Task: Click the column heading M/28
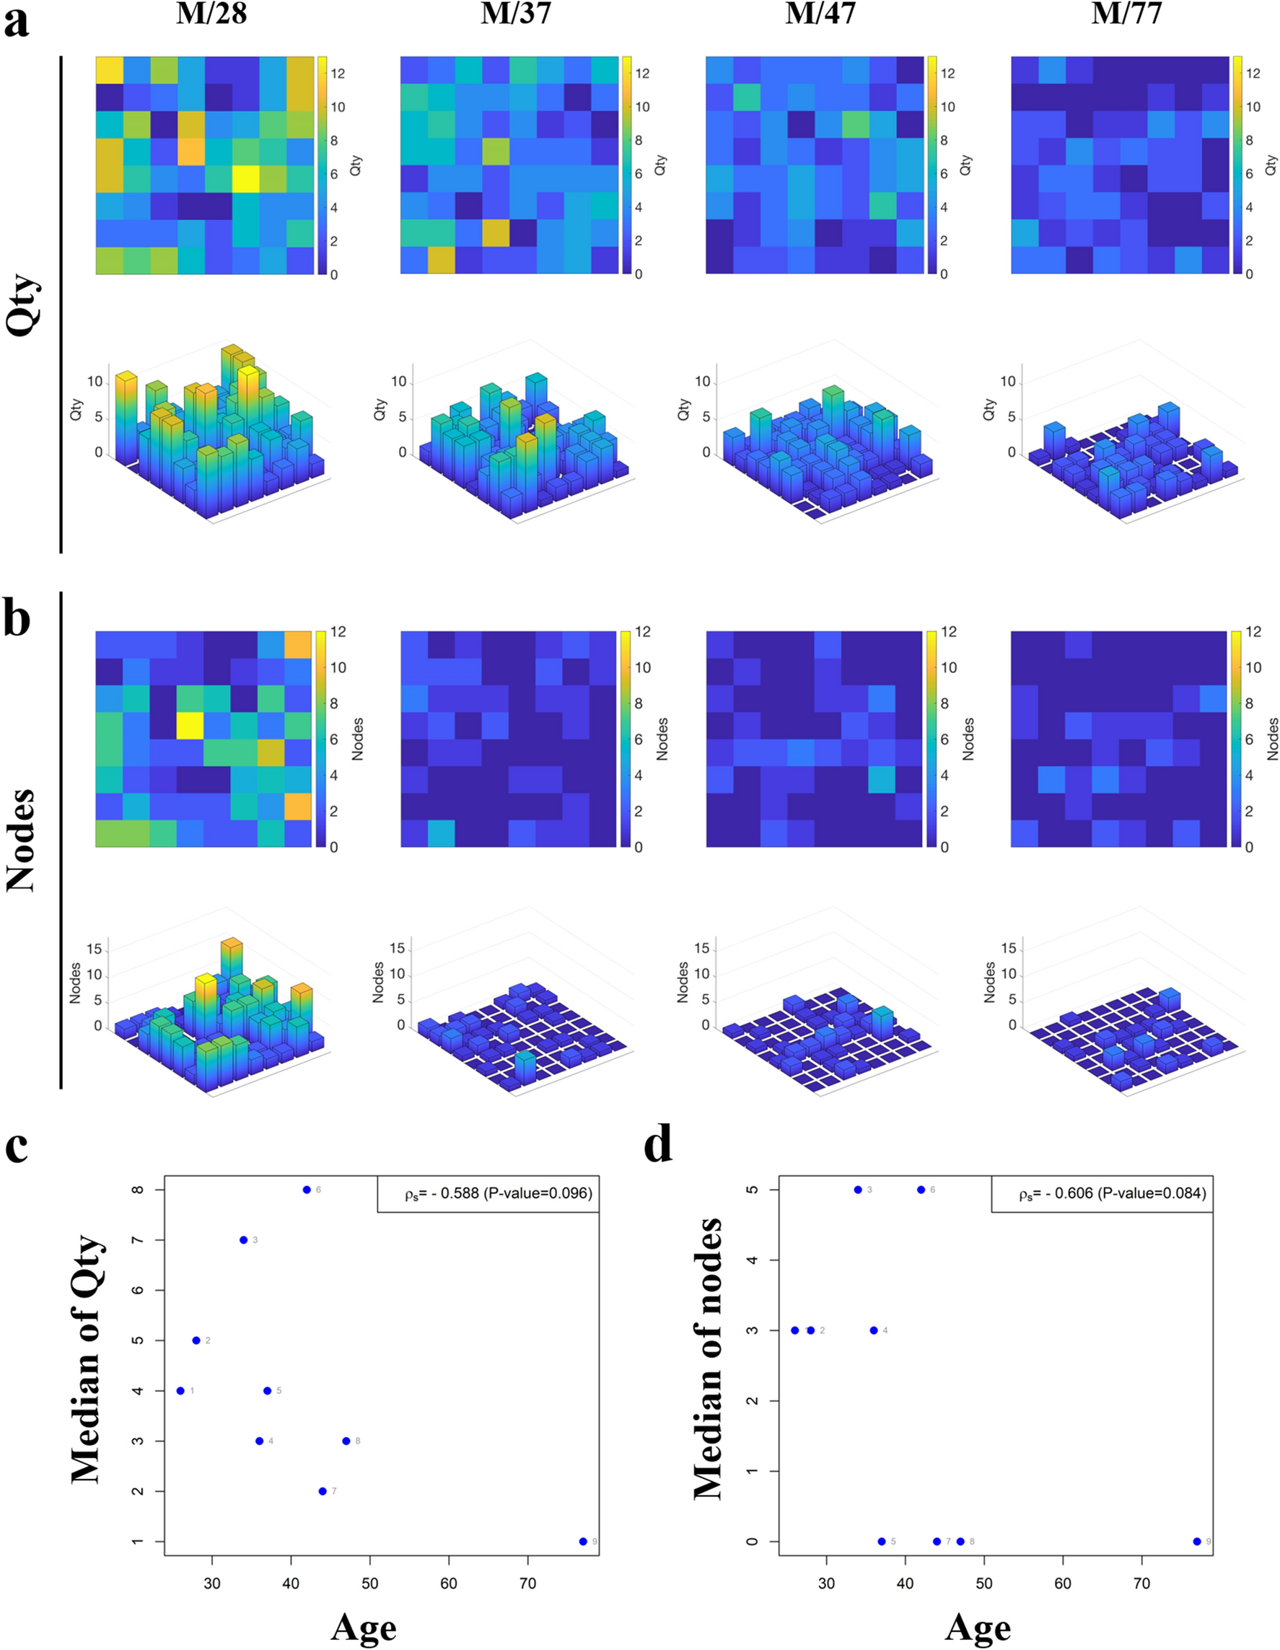211,14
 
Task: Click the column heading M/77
1126,14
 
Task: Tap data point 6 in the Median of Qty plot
307,1189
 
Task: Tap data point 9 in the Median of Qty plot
582,1541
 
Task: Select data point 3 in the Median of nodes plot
858,1189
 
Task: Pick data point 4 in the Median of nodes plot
874,1330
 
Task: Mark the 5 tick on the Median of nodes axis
753,1189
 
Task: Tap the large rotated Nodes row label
22,838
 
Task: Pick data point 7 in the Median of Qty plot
323,1491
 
